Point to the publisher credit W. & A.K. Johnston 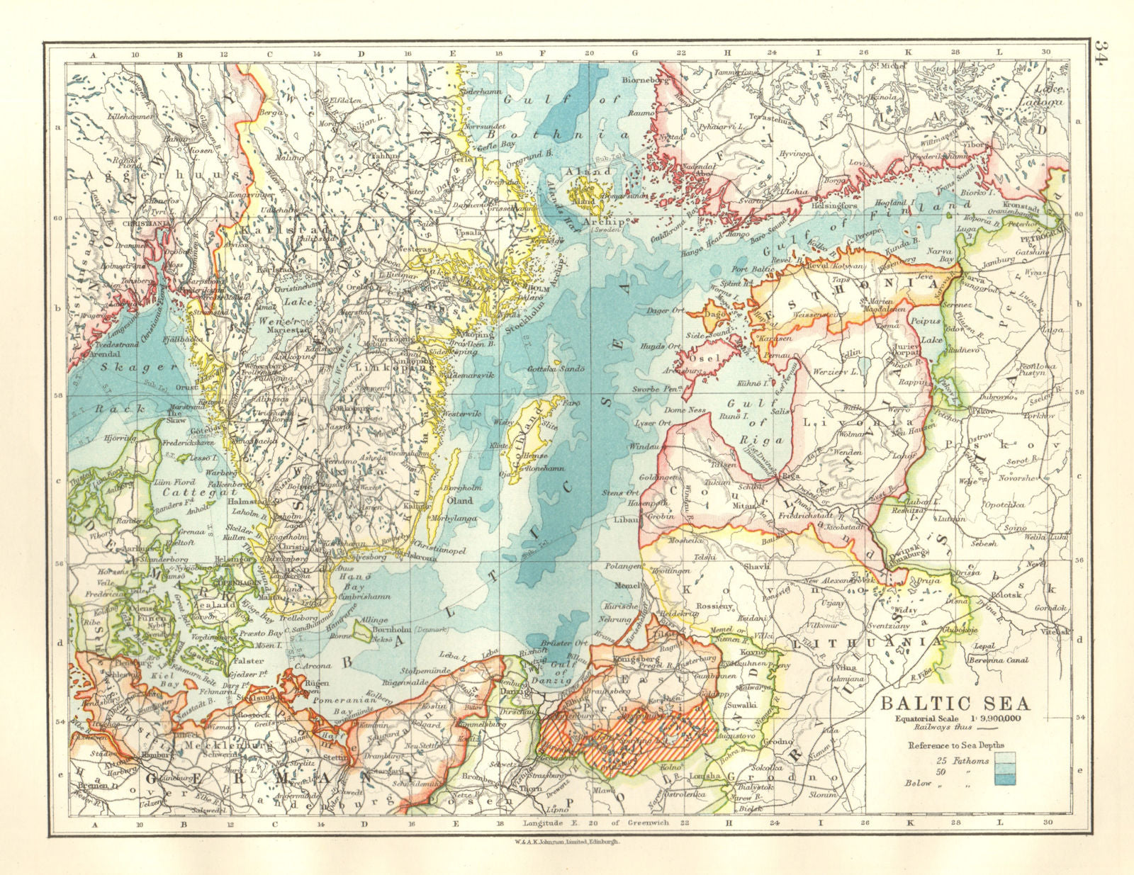pyautogui.click(x=568, y=842)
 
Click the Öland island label pyautogui.click(x=458, y=500)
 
